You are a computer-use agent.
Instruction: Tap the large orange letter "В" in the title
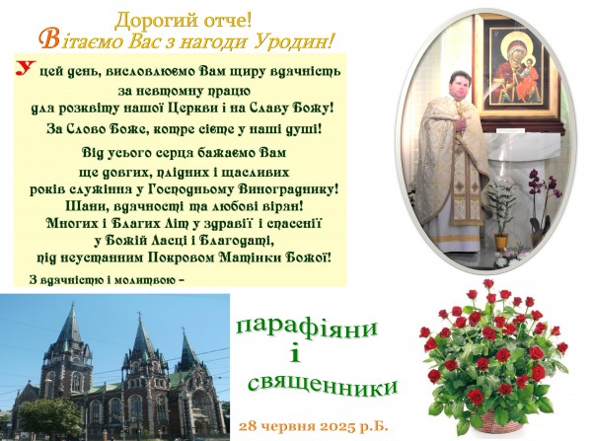pyautogui.click(x=49, y=40)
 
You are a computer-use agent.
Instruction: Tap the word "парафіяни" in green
pyautogui.click(x=306, y=328)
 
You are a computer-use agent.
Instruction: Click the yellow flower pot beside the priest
pyautogui.click(x=501, y=242)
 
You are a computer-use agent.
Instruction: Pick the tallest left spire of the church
pyautogui.click(x=72, y=324)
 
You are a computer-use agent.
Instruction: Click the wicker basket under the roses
pyautogui.click(x=497, y=421)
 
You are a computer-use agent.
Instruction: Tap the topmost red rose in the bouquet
pyautogui.click(x=487, y=283)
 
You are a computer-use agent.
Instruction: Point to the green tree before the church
pyautogui.click(x=50, y=416)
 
